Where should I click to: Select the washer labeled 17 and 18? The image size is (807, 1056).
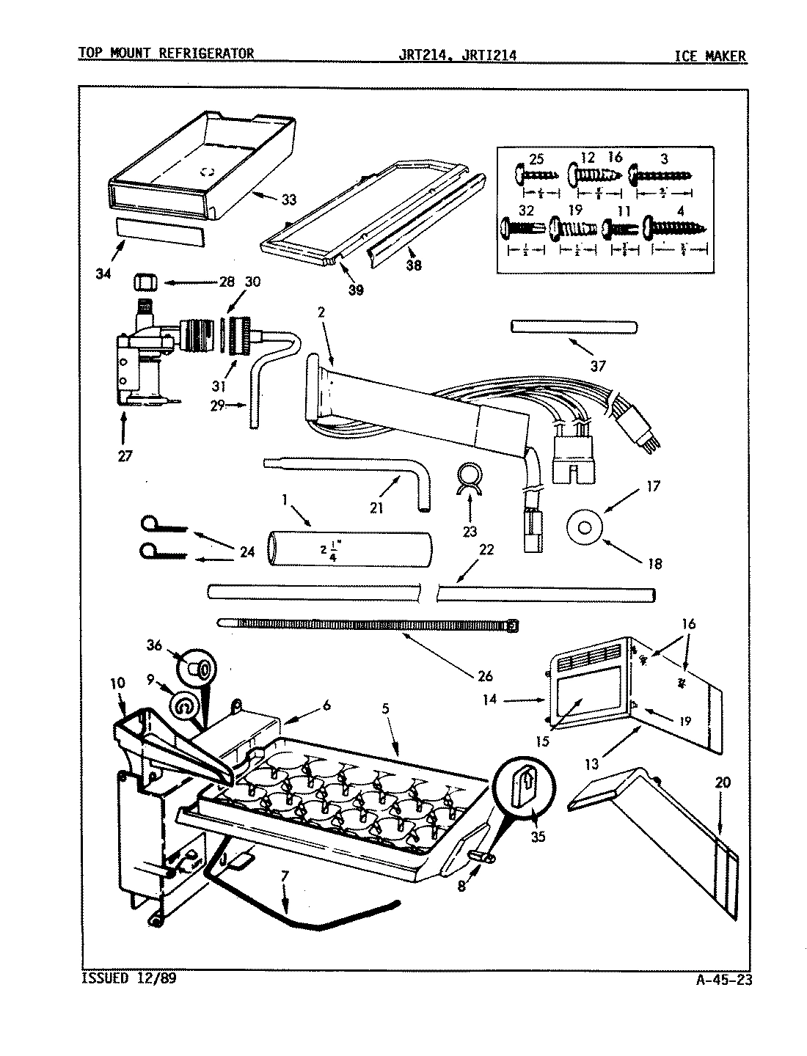pyautogui.click(x=584, y=527)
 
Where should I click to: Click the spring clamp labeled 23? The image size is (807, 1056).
pyautogui.click(x=470, y=479)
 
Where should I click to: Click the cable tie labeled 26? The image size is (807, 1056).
pyautogui.click(x=367, y=624)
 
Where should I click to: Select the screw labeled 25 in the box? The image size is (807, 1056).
pyautogui.click(x=538, y=175)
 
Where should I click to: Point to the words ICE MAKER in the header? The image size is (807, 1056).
pyautogui.click(x=710, y=56)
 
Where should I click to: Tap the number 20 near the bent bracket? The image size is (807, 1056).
pyautogui.click(x=723, y=783)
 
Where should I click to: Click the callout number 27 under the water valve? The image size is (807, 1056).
pyautogui.click(x=125, y=455)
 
